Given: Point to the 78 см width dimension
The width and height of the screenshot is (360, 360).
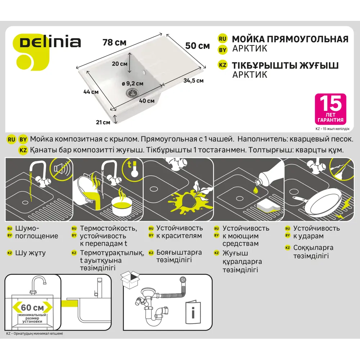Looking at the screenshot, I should [114, 42].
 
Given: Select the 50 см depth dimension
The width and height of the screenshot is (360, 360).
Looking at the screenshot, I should [198, 46].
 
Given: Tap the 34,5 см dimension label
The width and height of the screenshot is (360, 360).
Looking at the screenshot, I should [193, 81].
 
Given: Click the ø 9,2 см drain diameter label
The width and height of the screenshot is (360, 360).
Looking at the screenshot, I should [132, 84].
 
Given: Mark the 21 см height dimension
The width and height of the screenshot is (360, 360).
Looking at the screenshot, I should [103, 122].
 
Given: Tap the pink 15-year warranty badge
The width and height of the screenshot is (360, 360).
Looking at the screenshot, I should [330, 109].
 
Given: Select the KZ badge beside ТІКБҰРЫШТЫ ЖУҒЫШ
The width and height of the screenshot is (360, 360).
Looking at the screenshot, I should [222, 65].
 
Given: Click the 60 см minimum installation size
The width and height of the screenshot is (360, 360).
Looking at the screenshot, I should [32, 307].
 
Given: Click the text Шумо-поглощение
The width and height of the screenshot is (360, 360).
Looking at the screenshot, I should [36, 232].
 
